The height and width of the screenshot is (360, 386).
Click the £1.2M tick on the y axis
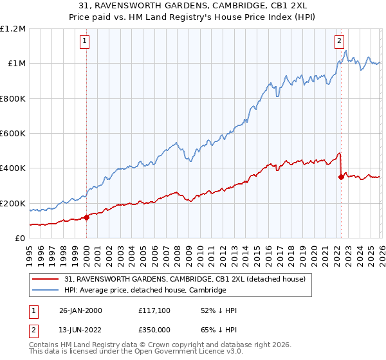13,28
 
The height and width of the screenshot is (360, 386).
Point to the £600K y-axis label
13,133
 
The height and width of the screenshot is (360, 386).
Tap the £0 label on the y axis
20,238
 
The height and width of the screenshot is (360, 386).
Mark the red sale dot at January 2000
86,217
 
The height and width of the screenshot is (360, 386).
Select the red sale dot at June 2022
340,177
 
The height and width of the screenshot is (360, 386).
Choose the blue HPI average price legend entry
145,291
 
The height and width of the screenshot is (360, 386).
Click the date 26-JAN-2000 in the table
79,310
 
